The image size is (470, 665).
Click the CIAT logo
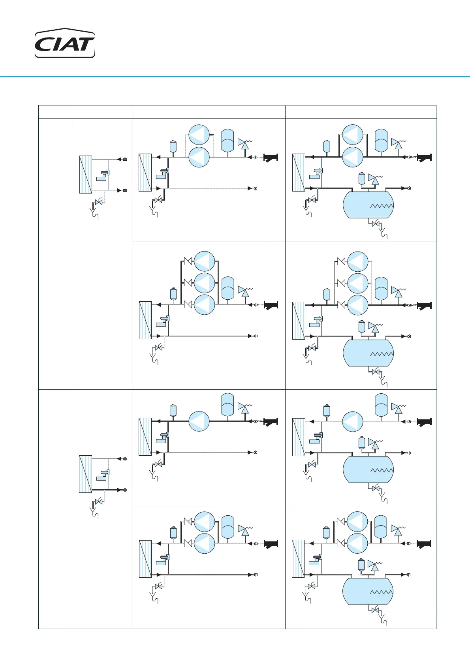pyautogui.click(x=65, y=44)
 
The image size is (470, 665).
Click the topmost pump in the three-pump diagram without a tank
pyautogui.click(x=204, y=261)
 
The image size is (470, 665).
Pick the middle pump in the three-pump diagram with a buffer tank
pyautogui.click(x=357, y=283)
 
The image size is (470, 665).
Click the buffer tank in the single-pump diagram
pyautogui.click(x=368, y=469)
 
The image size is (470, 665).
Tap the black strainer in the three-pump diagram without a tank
pyautogui.click(x=271, y=305)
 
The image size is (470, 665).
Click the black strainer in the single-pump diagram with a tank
pyautogui.click(x=425, y=422)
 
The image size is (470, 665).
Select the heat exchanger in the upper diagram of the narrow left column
pyautogui.click(x=85, y=174)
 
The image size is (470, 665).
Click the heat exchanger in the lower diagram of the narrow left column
pyautogui.click(x=85, y=474)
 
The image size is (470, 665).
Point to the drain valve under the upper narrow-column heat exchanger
pyautogui.click(x=99, y=202)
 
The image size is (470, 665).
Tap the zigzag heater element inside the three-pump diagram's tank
pyautogui.click(x=382, y=354)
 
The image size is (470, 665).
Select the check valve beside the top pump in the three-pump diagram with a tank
pyautogui.click(x=341, y=261)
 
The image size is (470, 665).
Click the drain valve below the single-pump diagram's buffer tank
pyautogui.click(x=375, y=488)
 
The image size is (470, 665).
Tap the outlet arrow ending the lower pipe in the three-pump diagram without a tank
pyautogui.click(x=251, y=336)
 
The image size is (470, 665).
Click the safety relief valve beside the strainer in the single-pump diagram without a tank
pyautogui.click(x=245, y=408)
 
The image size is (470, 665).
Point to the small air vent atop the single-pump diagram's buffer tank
pyautogui.click(x=361, y=442)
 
